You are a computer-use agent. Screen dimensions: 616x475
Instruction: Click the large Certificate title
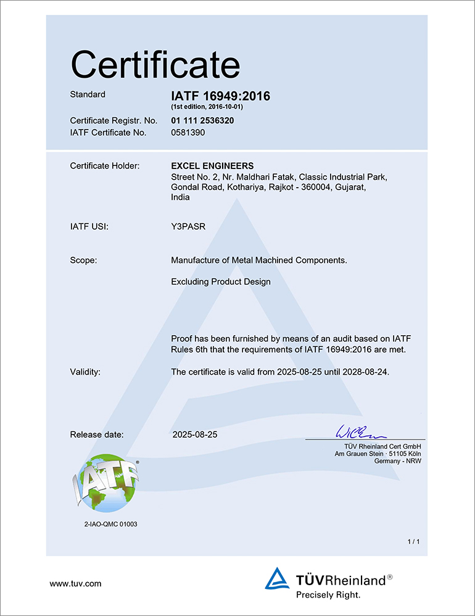tap(155, 64)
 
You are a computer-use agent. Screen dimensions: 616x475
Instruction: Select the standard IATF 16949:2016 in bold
tap(220, 96)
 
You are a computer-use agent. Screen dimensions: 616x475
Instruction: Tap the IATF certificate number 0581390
tap(188, 132)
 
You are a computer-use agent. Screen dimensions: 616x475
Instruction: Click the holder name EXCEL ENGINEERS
tap(212, 165)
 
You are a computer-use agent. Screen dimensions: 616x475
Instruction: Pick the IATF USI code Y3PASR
tap(188, 227)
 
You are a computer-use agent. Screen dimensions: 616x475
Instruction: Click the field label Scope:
tap(83, 260)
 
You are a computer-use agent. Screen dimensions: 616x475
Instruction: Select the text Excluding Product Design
tap(220, 281)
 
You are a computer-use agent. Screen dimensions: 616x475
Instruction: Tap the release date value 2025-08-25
tap(195, 435)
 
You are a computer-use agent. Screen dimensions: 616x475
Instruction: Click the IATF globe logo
tap(105, 482)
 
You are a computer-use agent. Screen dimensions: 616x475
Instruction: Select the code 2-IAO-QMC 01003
tap(110, 524)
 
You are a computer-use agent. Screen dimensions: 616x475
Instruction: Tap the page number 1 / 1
tap(413, 541)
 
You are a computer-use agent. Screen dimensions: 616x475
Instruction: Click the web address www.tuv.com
tap(75, 583)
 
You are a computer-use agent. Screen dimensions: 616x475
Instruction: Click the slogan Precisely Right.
tap(328, 595)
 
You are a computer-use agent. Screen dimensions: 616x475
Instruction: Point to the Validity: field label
tap(85, 372)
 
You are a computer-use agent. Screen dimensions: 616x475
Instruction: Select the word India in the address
tap(180, 198)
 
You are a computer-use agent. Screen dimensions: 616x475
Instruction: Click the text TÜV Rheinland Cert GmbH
tap(382, 446)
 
